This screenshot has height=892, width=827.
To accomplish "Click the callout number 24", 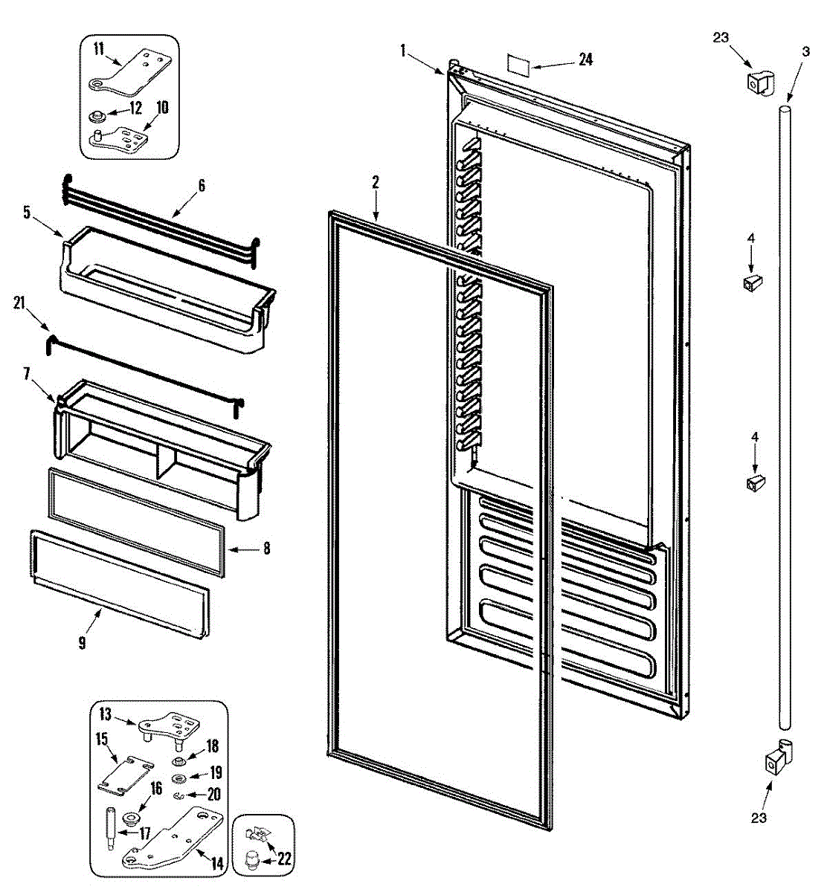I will [585, 60].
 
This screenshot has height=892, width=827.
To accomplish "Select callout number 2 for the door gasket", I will [376, 181].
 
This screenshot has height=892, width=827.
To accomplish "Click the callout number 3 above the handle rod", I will [805, 51].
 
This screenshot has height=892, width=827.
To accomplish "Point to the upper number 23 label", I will [721, 38].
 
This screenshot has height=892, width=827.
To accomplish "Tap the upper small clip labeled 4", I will [750, 282].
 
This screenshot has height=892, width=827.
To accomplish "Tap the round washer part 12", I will [97, 116].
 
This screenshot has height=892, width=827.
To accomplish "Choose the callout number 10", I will [162, 108].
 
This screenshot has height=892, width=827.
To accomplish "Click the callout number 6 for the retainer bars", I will [201, 186].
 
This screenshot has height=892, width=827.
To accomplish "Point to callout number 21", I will [20, 302].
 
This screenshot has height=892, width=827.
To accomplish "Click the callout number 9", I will [82, 642].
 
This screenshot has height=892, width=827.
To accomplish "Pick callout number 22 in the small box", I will [284, 860].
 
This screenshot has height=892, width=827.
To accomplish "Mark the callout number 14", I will [216, 864].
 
